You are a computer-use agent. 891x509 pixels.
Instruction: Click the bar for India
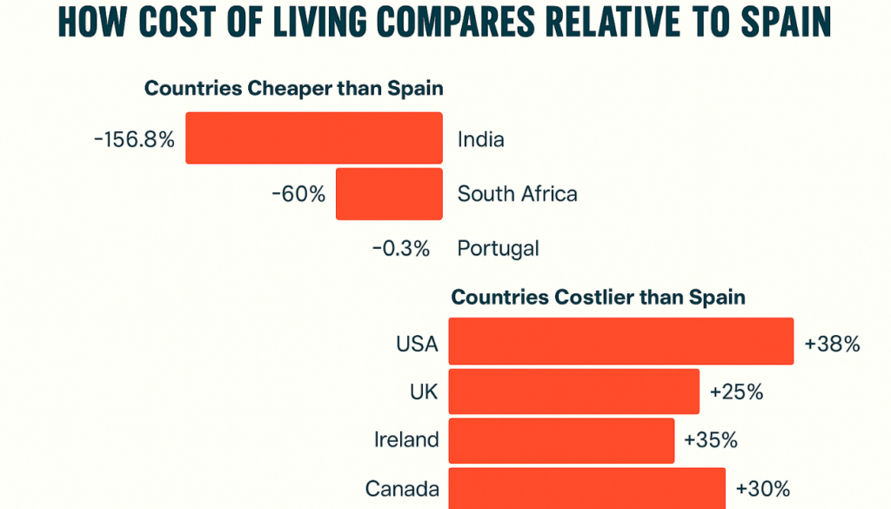click(x=314, y=138)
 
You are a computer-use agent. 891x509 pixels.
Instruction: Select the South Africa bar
click(x=389, y=194)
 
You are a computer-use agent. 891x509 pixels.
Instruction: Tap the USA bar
click(x=620, y=341)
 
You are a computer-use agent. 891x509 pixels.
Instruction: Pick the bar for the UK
click(x=573, y=392)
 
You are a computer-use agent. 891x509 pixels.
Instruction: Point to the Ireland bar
click(x=561, y=440)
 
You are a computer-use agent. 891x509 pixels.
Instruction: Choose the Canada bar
click(x=586, y=487)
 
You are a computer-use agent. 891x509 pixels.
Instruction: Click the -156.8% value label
click(x=134, y=139)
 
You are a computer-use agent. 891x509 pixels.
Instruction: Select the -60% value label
click(x=298, y=193)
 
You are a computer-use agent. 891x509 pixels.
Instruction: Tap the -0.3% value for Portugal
click(x=401, y=249)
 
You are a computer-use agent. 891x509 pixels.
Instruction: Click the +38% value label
click(x=833, y=344)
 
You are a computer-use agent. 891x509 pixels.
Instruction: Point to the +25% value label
click(x=736, y=392)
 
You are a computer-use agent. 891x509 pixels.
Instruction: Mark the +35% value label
click(x=711, y=440)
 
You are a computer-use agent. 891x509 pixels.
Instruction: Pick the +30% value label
click(x=763, y=488)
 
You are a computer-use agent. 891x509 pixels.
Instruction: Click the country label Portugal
click(x=499, y=249)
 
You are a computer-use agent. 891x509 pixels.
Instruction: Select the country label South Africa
click(x=518, y=193)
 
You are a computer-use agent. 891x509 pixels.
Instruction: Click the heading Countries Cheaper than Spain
click(x=294, y=89)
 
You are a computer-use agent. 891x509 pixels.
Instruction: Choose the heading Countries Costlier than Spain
click(x=598, y=298)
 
